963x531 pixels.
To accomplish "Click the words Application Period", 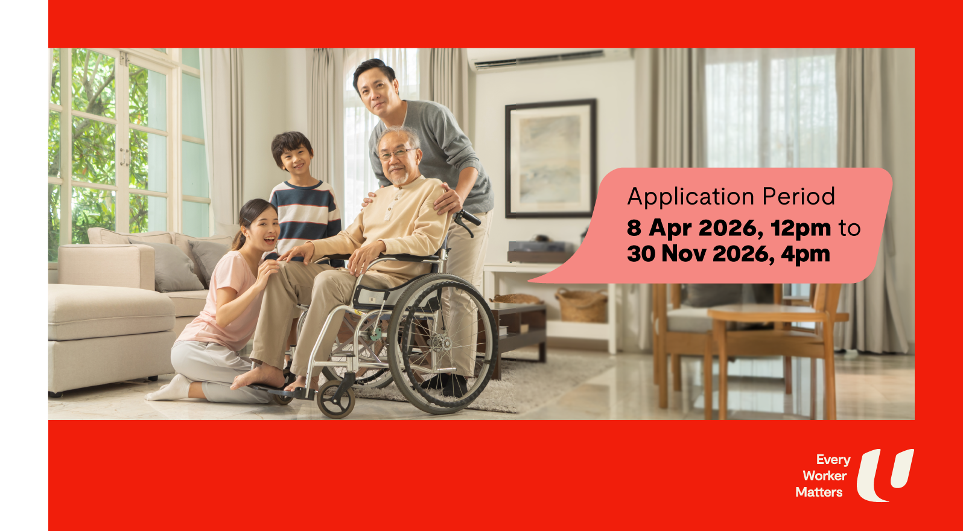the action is coord(731,197).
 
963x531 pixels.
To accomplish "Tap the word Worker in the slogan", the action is coord(825,476).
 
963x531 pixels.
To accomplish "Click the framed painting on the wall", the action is coord(551,159).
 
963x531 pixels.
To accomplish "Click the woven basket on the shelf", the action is coord(582,306).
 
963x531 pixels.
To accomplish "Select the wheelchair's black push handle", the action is coord(469,218).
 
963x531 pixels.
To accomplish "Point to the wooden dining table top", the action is coord(769,313).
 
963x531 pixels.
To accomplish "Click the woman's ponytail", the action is coord(241,232).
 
